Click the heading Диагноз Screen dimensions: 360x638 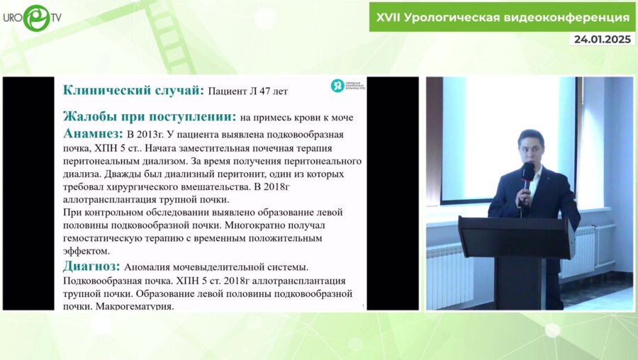coord(91,266)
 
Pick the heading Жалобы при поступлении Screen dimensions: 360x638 coord(150,116)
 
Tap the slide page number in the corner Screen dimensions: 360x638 coord(363,306)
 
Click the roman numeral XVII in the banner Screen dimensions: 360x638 coord(386,16)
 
